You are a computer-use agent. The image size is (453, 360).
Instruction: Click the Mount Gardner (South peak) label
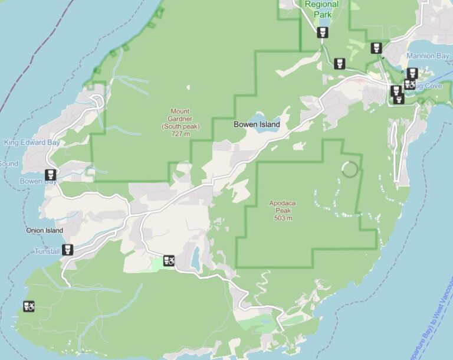pyautogui.click(x=180, y=119)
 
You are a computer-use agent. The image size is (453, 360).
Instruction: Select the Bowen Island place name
pyautogui.click(x=257, y=125)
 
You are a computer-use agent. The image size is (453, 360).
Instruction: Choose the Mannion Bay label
pyautogui.click(x=428, y=56)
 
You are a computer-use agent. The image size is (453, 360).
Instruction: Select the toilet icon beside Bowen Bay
pyautogui.click(x=51, y=174)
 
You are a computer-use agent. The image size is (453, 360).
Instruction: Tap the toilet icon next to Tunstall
pyautogui.click(x=68, y=250)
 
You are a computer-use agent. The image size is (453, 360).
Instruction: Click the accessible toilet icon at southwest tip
pyautogui.click(x=29, y=306)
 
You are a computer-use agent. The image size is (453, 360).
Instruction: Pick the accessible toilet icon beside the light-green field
pyautogui.click(x=169, y=260)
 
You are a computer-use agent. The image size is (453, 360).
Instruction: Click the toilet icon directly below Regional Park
pyautogui.click(x=322, y=32)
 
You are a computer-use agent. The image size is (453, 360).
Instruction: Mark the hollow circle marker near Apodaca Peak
pyautogui.click(x=350, y=170)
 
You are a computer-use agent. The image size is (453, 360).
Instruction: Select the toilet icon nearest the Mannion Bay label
pyautogui.click(x=412, y=73)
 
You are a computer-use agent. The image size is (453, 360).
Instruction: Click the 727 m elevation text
pyautogui.click(x=181, y=134)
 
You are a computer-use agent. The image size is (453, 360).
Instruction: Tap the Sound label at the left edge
pyautogui.click(x=8, y=163)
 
